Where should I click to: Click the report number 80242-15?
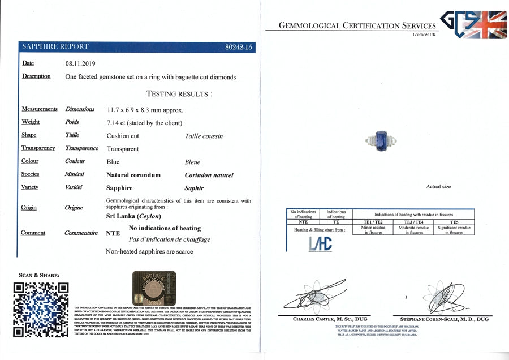(x=238, y=48)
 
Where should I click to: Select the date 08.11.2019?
(x=81, y=64)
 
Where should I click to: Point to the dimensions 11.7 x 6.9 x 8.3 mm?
(x=144, y=109)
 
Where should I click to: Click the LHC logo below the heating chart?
(x=321, y=244)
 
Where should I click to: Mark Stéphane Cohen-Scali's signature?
(x=442, y=295)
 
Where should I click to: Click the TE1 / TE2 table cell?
(x=373, y=222)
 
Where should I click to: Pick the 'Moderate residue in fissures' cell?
(x=414, y=230)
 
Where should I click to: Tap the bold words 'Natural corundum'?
(x=133, y=175)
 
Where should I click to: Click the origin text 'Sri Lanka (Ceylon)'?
(x=133, y=216)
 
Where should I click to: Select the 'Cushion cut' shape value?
(x=123, y=136)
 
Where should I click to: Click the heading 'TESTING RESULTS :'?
(x=179, y=94)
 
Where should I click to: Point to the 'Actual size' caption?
(x=438, y=186)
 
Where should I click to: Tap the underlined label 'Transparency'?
(x=38, y=148)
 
